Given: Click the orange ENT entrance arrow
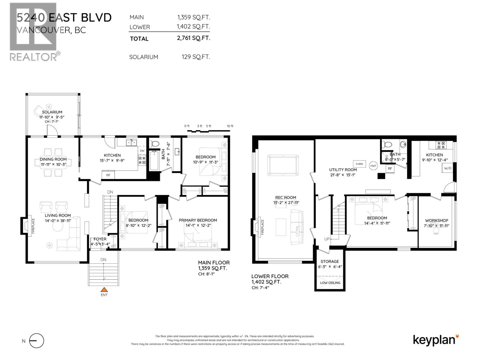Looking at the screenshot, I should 104,290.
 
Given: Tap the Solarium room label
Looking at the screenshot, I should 52,112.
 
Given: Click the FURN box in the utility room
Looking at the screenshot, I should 359,164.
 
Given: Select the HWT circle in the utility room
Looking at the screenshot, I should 373,166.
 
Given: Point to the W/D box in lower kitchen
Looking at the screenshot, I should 447,168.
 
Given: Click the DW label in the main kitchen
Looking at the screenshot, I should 142,151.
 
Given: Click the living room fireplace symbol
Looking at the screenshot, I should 25,226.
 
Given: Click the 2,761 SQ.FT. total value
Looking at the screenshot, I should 193,38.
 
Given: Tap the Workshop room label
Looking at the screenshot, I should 436,220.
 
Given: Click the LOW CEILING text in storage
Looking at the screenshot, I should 330,283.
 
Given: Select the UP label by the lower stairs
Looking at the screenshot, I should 327,239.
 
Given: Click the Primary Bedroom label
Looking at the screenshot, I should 198,220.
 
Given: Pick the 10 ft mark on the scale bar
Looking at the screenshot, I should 230,126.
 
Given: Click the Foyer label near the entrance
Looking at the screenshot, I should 100,239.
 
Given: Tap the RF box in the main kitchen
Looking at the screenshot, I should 108,175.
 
